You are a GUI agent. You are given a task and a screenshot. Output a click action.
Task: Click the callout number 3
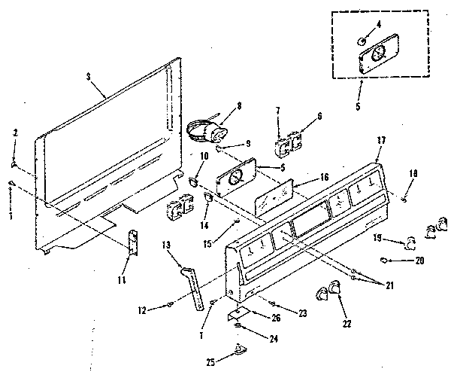(89, 77)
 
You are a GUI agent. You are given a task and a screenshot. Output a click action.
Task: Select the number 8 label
(238, 107)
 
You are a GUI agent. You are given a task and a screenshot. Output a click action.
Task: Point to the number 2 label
(14, 133)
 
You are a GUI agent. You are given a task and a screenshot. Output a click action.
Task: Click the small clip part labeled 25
(239, 348)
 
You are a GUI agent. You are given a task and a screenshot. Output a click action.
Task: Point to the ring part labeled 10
(193, 180)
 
